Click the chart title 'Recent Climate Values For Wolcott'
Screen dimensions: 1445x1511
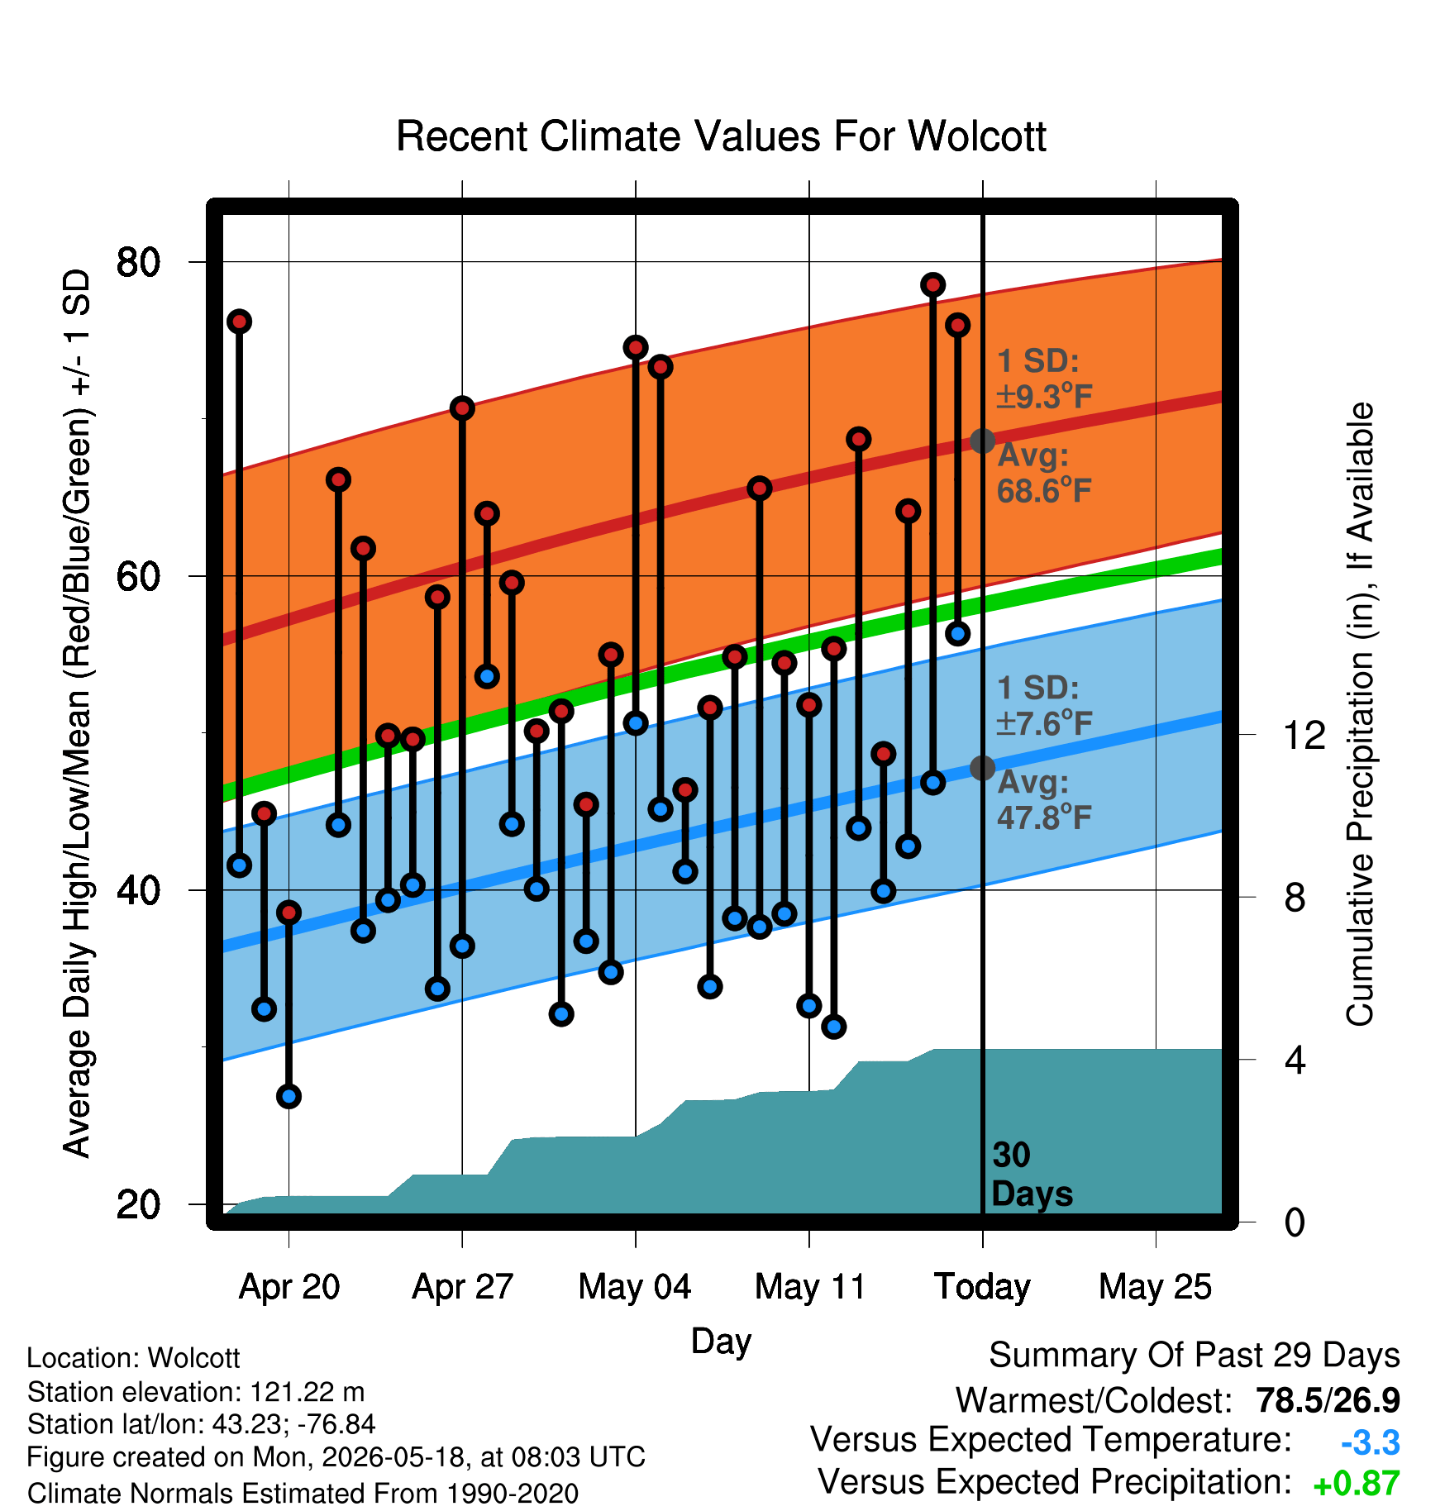721,136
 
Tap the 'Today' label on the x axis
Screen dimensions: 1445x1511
982,1287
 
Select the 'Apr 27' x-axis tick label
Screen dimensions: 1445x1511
462,1287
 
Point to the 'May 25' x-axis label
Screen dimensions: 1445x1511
1155,1287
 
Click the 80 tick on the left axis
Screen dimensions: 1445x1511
138,262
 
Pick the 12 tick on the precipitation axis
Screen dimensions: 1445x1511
1304,734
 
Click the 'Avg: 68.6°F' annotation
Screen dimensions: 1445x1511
1045,473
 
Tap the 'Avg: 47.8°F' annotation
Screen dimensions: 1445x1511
1045,799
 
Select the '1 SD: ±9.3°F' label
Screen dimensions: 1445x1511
1045,379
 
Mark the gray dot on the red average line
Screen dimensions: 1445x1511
982,441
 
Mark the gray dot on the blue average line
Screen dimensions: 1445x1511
982,768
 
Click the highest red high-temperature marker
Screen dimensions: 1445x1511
933,285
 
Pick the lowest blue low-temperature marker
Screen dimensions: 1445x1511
289,1096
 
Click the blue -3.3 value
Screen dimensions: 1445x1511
1371,1442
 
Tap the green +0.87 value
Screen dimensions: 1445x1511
1357,1484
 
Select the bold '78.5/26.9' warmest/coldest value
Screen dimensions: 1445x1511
1328,1400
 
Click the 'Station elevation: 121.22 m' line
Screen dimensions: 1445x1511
196,1392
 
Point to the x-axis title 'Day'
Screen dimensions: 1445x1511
721,1342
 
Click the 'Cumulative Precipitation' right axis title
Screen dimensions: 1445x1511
1360,715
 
